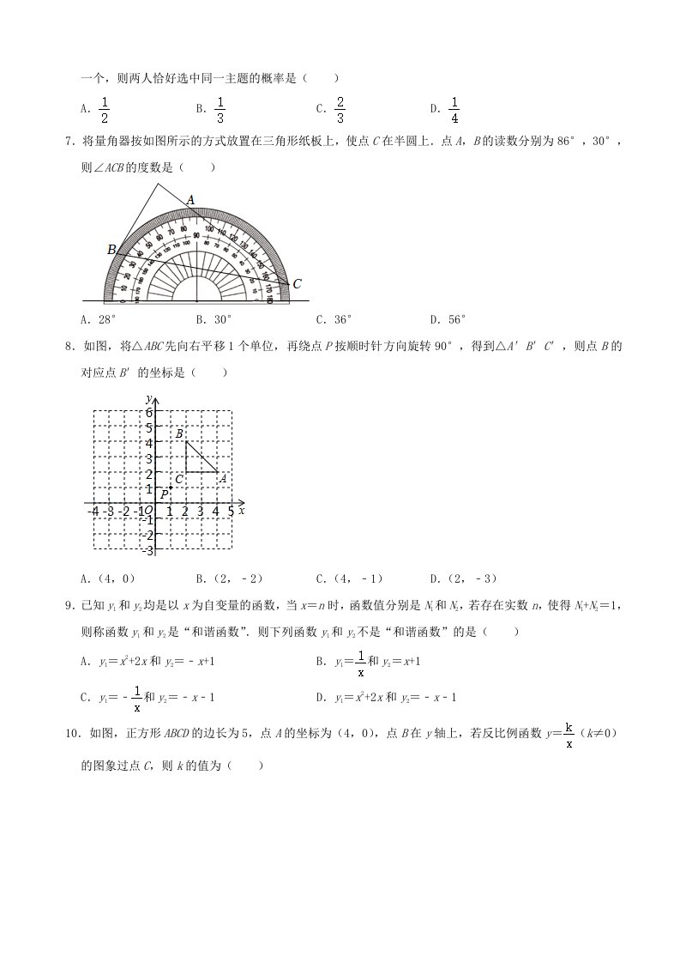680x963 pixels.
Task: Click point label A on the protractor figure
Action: point(191,200)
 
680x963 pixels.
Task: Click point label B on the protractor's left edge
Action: point(111,250)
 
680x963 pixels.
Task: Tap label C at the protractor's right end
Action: point(297,284)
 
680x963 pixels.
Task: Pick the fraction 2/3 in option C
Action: point(340,109)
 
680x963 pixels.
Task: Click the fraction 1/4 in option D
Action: point(454,109)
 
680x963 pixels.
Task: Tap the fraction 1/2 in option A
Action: point(105,109)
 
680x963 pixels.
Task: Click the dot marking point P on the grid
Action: point(171,488)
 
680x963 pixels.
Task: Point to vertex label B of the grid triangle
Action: point(178,434)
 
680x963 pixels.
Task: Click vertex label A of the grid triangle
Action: point(222,479)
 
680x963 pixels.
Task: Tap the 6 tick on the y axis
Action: point(148,411)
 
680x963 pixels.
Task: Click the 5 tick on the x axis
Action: point(231,512)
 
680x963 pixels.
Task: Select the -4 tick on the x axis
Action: point(93,512)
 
